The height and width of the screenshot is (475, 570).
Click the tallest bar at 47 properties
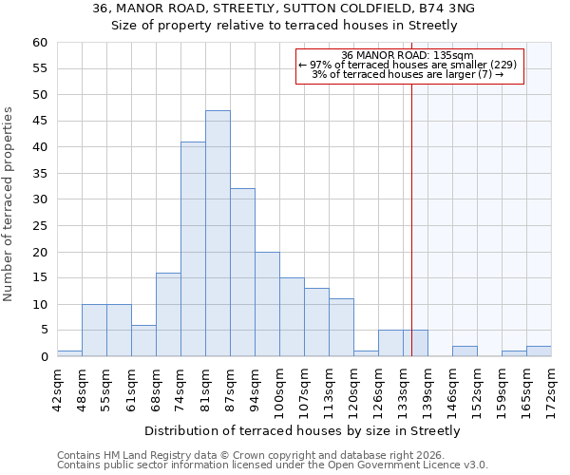click(x=218, y=234)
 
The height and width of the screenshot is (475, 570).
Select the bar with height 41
click(x=193, y=249)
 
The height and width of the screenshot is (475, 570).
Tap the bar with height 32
click(x=242, y=273)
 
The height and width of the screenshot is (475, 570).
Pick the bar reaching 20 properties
click(x=267, y=304)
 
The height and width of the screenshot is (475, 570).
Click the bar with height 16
click(x=168, y=314)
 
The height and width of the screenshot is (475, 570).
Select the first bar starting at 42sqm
click(x=69, y=353)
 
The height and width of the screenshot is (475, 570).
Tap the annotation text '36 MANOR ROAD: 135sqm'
click(x=408, y=56)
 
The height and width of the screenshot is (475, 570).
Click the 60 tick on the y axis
click(x=40, y=43)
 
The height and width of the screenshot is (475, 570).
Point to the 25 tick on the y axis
click(x=40, y=226)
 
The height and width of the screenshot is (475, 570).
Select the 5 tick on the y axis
click(x=44, y=331)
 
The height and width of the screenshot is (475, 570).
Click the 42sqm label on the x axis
click(x=57, y=384)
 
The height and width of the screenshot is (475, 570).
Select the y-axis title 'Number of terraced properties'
click(x=9, y=204)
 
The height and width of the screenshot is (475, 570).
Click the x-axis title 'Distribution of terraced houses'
click(x=304, y=430)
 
